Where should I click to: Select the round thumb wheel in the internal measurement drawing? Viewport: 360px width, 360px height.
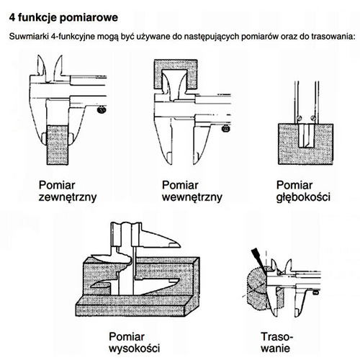[x=226, y=129]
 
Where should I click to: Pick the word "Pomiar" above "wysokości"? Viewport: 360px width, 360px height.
[x=128, y=336]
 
